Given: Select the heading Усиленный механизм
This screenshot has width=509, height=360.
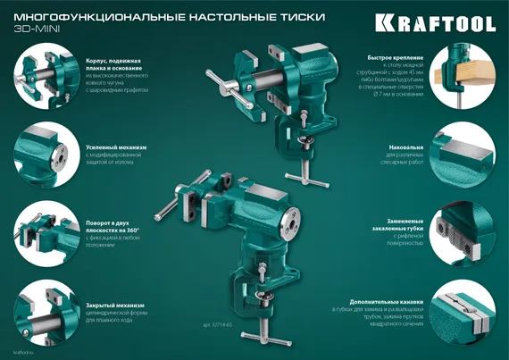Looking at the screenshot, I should [x=117, y=146].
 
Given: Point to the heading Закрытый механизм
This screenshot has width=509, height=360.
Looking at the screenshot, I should [x=116, y=305].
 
